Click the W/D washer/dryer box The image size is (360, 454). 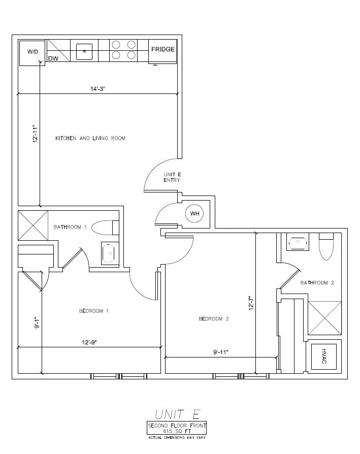click(x=32, y=53)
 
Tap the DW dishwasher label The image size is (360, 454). click(x=53, y=58)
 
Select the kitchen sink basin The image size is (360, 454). click(x=84, y=52)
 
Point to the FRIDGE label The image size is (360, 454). click(x=163, y=49)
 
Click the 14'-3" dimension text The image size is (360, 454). click(x=97, y=89)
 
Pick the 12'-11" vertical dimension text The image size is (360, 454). click(x=36, y=134)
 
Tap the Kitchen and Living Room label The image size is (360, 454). click(x=90, y=139)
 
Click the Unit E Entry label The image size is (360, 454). click(x=172, y=177)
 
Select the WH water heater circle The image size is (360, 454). click(x=194, y=214)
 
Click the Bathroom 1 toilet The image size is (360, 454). click(x=105, y=228)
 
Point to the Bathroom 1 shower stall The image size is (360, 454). click(x=33, y=225)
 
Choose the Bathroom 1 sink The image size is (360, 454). click(x=110, y=253)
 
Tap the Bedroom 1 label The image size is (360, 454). click(x=94, y=311)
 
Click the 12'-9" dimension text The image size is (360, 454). click(x=89, y=342)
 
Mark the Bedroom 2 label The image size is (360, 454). click(x=214, y=319)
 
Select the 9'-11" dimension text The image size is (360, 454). click(x=221, y=352)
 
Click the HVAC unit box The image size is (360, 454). click(x=324, y=356)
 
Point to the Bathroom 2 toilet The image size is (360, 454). click(x=326, y=247)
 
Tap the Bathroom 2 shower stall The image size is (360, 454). click(x=324, y=318)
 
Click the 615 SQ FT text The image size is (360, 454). click(x=177, y=431)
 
